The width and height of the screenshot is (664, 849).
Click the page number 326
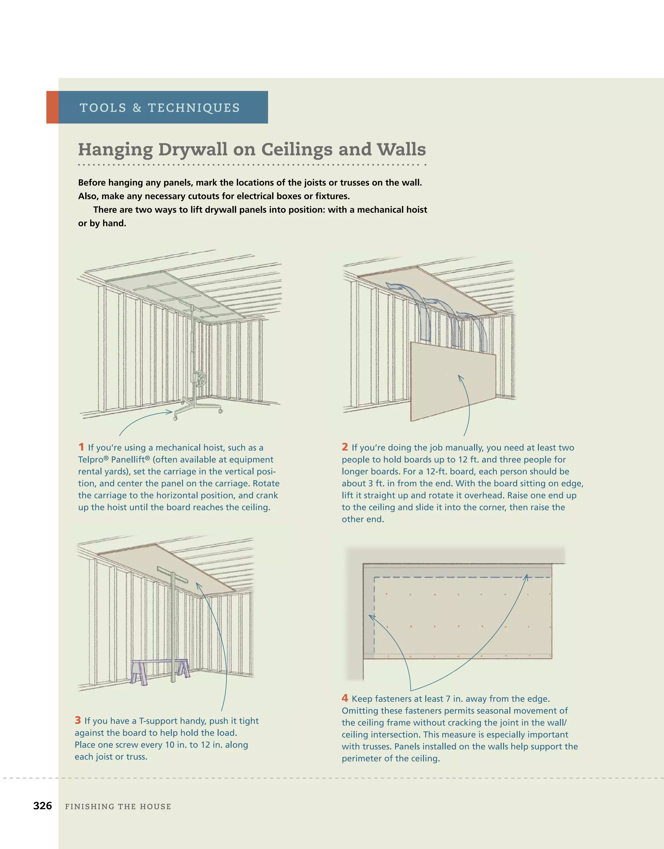click(x=42, y=806)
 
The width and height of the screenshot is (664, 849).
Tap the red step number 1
click(x=81, y=447)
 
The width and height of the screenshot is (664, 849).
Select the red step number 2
click(x=345, y=447)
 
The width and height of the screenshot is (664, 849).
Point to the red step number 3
click(x=78, y=720)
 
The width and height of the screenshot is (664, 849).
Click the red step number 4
click(x=345, y=698)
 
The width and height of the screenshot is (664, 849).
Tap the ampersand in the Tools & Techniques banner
click(x=137, y=108)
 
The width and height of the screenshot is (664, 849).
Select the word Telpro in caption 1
click(x=91, y=459)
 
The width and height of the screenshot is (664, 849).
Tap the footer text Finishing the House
click(x=118, y=807)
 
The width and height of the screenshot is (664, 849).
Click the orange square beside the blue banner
click(x=52, y=107)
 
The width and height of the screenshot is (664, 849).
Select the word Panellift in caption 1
click(x=130, y=459)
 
